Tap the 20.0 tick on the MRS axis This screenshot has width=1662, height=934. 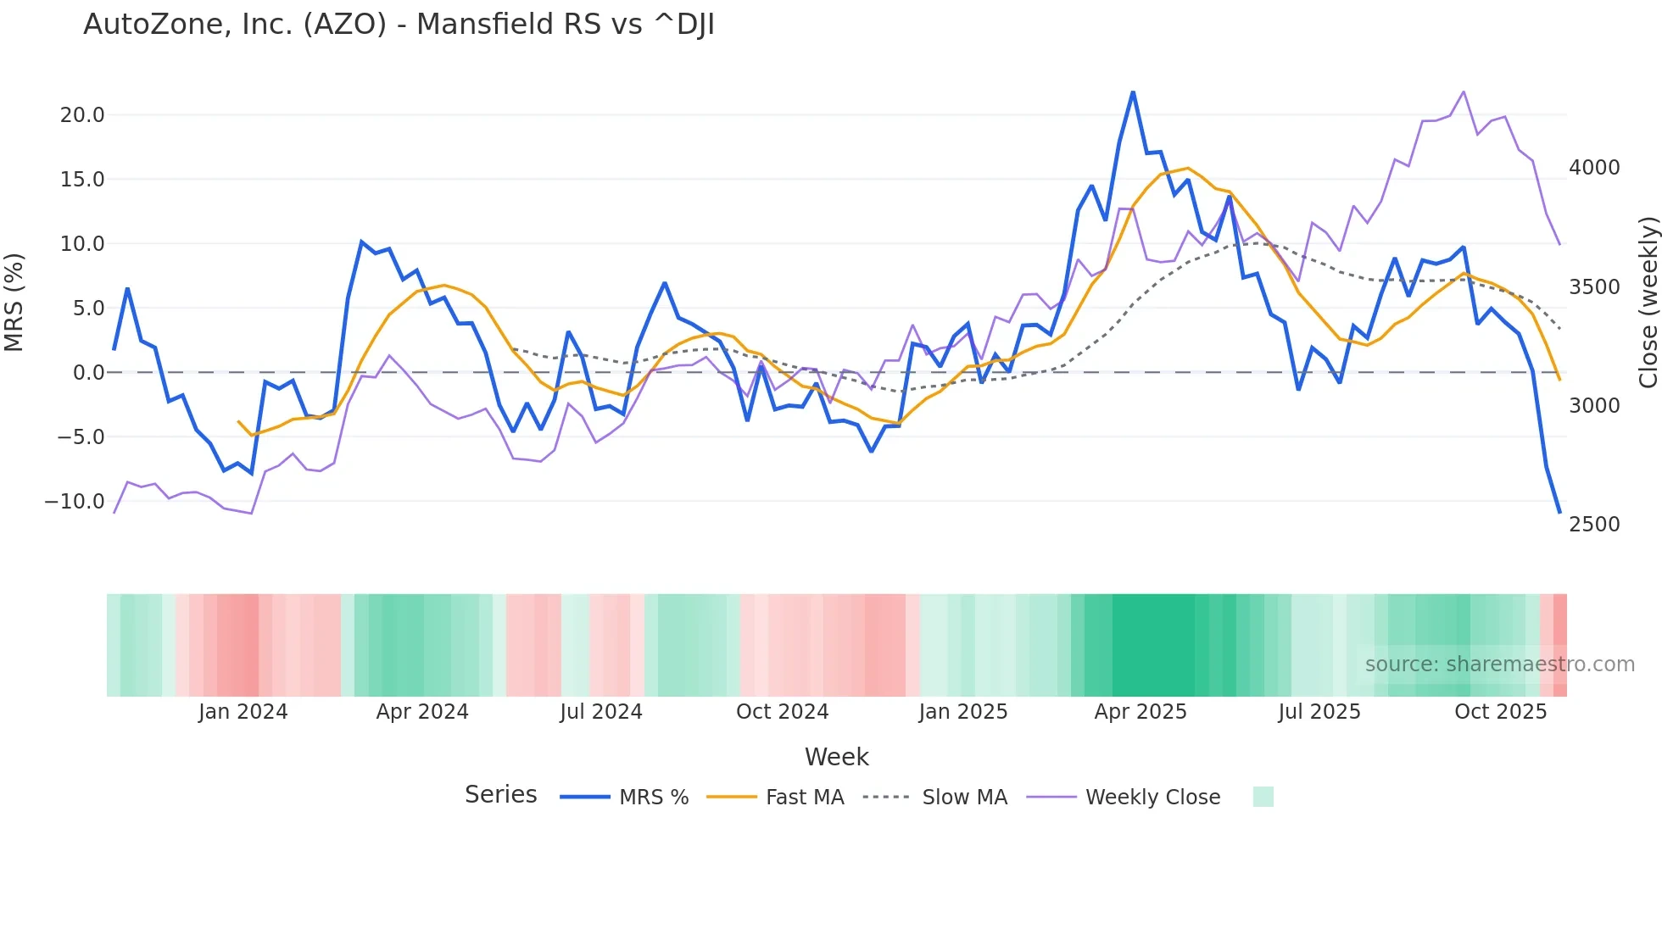[x=82, y=115]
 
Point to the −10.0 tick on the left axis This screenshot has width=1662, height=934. [x=75, y=502]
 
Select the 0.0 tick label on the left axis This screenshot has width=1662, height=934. [x=88, y=373]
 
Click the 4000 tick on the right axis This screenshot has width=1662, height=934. [x=1594, y=168]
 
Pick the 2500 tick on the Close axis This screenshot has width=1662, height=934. [x=1594, y=525]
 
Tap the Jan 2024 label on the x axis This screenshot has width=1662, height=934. [x=243, y=712]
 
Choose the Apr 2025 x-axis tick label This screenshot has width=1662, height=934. [x=1141, y=712]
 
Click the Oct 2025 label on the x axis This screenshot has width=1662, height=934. [x=1501, y=712]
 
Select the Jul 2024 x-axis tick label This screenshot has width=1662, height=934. [x=601, y=712]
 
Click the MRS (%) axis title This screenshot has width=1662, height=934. [x=14, y=303]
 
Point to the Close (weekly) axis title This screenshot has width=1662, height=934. [x=1648, y=303]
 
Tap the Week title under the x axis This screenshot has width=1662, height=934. [x=836, y=757]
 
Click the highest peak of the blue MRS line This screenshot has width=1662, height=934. [x=1133, y=92]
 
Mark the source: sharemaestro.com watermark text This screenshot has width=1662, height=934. [x=1499, y=664]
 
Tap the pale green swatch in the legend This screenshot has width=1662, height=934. [x=1263, y=797]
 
